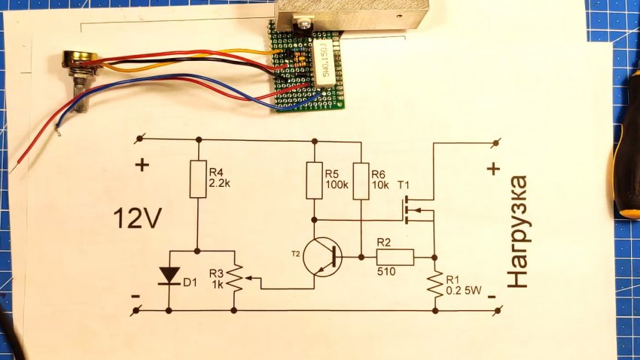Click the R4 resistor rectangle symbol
pyautogui.click(x=198, y=179)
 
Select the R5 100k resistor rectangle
pyautogui.click(x=314, y=181)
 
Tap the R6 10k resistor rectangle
pyautogui.click(x=361, y=181)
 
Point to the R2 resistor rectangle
pyautogui.click(x=395, y=257)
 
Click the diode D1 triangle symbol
pyautogui.click(x=169, y=276)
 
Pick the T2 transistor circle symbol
pyautogui.click(x=323, y=258)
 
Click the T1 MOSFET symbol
pyautogui.click(x=418, y=211)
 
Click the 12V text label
pyautogui.click(x=138, y=218)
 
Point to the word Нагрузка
pyautogui.click(x=518, y=231)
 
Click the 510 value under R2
pyautogui.click(x=386, y=271)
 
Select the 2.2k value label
pyautogui.click(x=220, y=183)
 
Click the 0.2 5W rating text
pyautogui.click(x=464, y=291)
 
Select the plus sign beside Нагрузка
pyautogui.click(x=494, y=169)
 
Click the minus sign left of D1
pyautogui.click(x=136, y=296)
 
